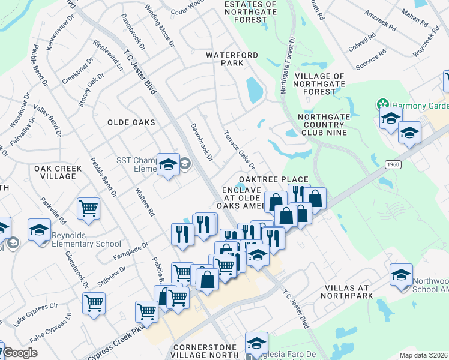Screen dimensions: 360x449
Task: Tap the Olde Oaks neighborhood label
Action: tap(131, 122)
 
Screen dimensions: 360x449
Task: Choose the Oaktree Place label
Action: tap(273, 179)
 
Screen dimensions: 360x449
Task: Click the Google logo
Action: tap(20, 353)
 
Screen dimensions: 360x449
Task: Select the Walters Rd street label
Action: tap(146, 204)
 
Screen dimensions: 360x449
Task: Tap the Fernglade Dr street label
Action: tap(130, 252)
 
